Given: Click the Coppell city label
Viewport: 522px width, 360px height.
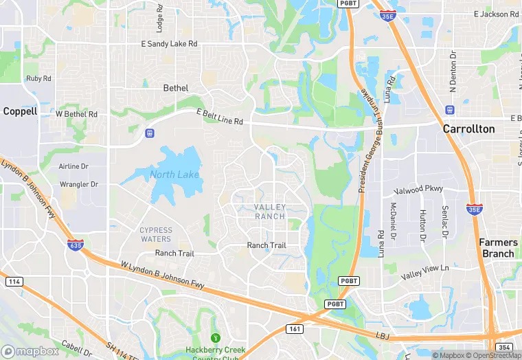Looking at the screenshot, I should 20,111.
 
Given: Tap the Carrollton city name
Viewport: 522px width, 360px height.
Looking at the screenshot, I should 468,128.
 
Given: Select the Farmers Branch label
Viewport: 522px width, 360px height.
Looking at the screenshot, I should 497,247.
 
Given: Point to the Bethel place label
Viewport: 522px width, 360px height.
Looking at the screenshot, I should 176,88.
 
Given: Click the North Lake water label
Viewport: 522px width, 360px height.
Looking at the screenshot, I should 174,175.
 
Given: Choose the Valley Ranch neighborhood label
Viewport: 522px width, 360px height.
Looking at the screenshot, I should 269,212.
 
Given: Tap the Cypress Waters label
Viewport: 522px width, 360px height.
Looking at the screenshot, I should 156,234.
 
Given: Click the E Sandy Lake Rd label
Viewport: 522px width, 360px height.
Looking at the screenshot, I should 169,43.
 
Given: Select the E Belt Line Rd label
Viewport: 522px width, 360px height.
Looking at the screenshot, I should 220,117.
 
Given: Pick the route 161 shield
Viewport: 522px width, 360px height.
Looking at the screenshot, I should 295,329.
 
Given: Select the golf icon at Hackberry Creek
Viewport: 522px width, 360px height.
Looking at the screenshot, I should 215,337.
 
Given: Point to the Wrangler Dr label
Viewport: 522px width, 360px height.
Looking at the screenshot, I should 78,184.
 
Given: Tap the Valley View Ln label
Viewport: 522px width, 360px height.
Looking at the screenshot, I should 424,271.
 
